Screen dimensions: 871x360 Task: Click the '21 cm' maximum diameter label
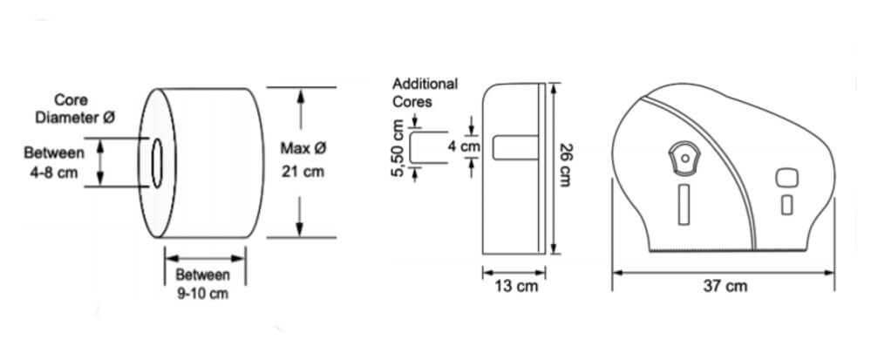pyautogui.click(x=303, y=173)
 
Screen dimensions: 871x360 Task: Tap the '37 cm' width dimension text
pyautogui.click(x=725, y=287)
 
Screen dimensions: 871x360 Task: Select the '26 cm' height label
pyautogui.click(x=566, y=165)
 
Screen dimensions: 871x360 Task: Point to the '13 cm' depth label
pyautogui.click(x=516, y=287)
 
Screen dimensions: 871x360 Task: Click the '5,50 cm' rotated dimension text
pyautogui.click(x=398, y=148)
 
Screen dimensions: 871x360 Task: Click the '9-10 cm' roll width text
pyautogui.click(x=203, y=294)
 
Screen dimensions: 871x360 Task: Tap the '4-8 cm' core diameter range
pyautogui.click(x=53, y=173)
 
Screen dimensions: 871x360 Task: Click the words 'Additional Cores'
pyautogui.click(x=425, y=92)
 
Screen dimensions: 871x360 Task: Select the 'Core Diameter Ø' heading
pyautogui.click(x=75, y=109)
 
